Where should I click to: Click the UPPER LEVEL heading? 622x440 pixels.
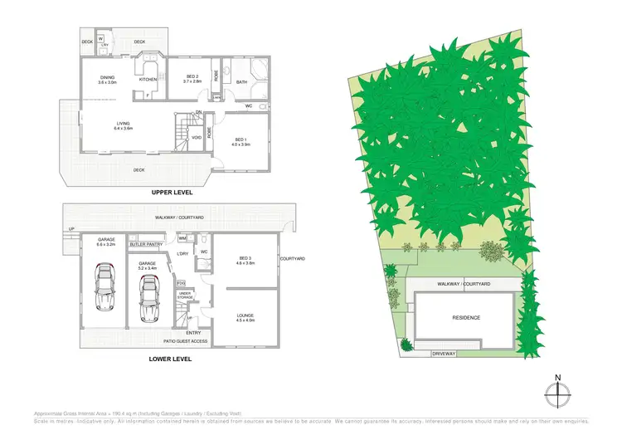click(x=172, y=192)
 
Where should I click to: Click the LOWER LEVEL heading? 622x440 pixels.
click(x=171, y=359)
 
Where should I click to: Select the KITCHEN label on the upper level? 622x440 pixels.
click(x=148, y=80)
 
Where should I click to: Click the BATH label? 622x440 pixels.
click(x=242, y=82)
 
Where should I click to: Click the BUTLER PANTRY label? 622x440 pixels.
click(x=146, y=245)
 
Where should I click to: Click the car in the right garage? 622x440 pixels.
click(x=149, y=298)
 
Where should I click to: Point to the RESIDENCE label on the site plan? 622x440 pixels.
click(x=466, y=318)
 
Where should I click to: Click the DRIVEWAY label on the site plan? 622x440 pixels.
click(x=445, y=354)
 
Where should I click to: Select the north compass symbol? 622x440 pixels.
click(x=557, y=391)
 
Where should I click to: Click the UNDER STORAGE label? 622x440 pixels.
click(x=185, y=295)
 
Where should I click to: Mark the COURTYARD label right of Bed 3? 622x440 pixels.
click(x=294, y=260)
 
